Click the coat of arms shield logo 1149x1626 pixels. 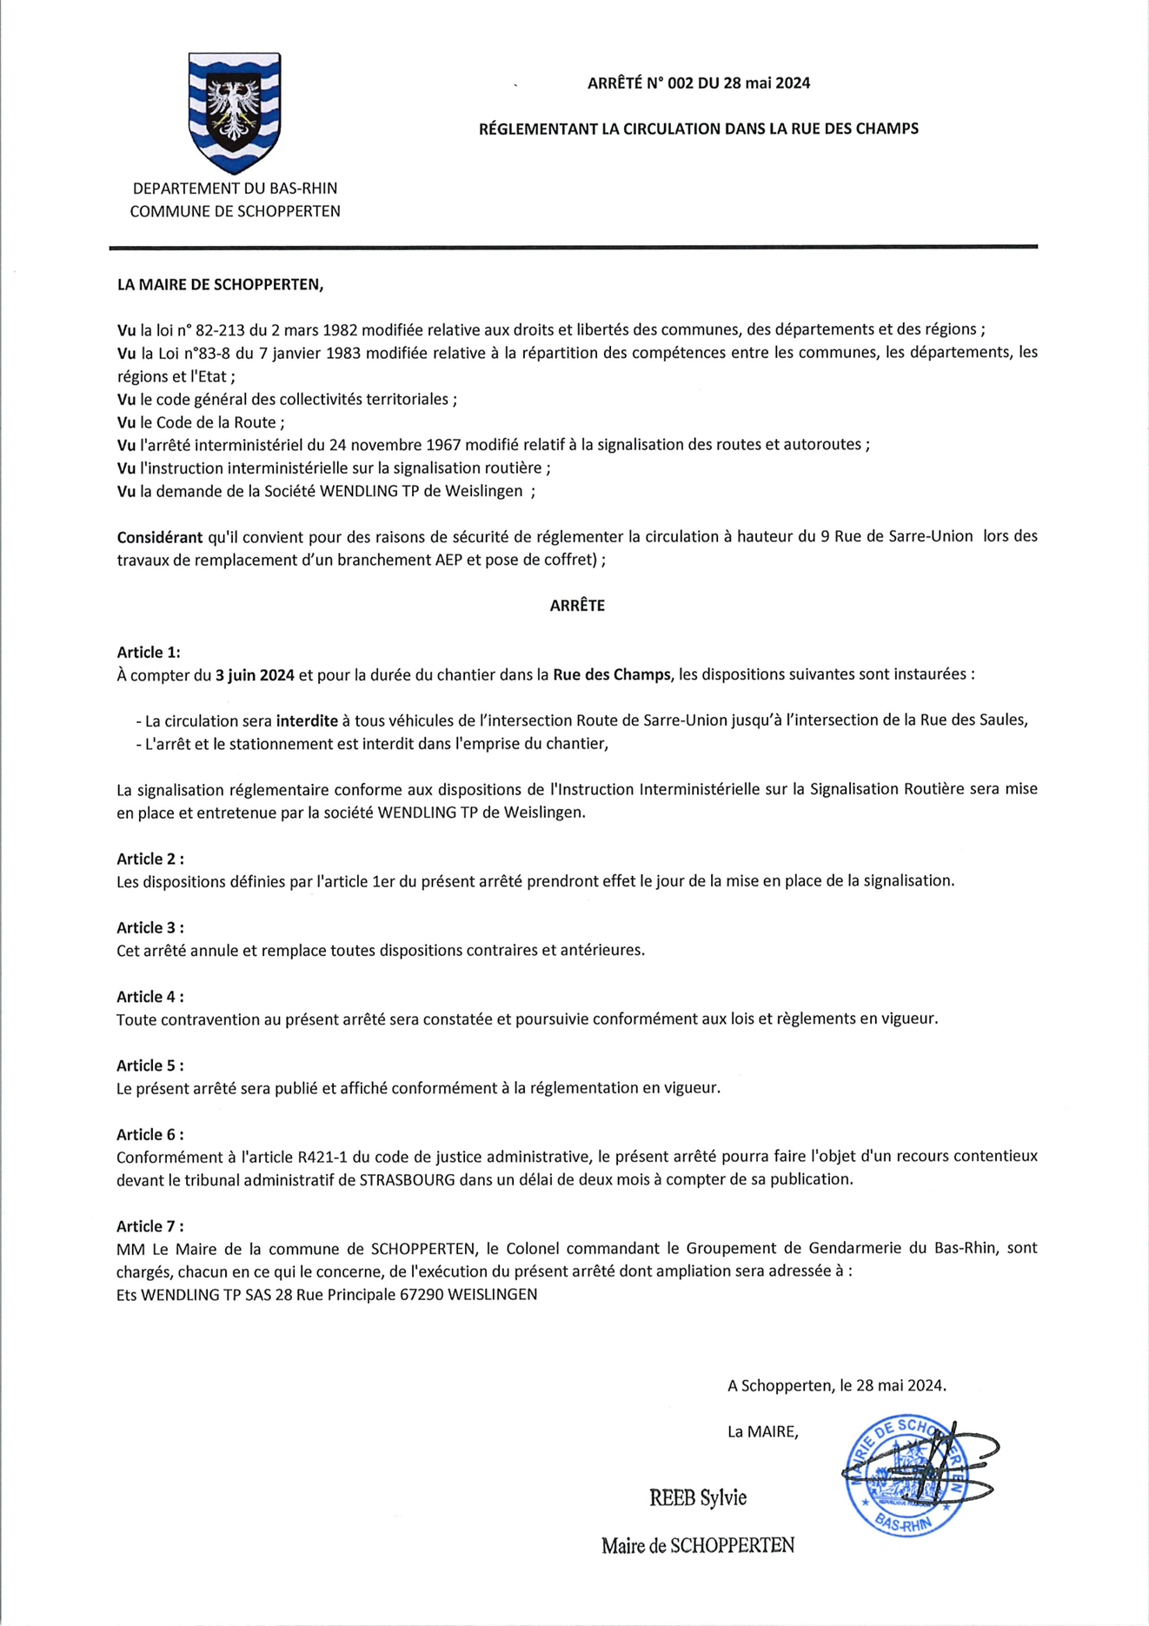pyautogui.click(x=234, y=111)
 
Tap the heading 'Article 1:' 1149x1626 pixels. pyautogui.click(x=149, y=652)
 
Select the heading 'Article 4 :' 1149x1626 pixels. pyautogui.click(x=150, y=996)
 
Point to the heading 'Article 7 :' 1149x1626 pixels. pyautogui.click(x=150, y=1225)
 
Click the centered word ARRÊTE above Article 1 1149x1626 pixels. pyautogui.click(x=577, y=606)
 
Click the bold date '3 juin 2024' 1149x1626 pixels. pyautogui.click(x=255, y=674)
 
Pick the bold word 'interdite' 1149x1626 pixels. pyautogui.click(x=307, y=720)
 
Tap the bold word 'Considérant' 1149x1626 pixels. pyautogui.click(x=159, y=537)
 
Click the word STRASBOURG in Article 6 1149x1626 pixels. pyautogui.click(x=407, y=1179)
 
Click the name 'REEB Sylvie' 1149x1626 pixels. pyautogui.click(x=697, y=1497)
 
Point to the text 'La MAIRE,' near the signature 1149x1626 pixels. pyautogui.click(x=762, y=1431)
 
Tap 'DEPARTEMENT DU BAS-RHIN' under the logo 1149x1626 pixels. pyautogui.click(x=235, y=189)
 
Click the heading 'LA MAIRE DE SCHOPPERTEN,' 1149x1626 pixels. pyautogui.click(x=220, y=284)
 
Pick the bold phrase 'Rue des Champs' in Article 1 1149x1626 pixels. pyautogui.click(x=611, y=674)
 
